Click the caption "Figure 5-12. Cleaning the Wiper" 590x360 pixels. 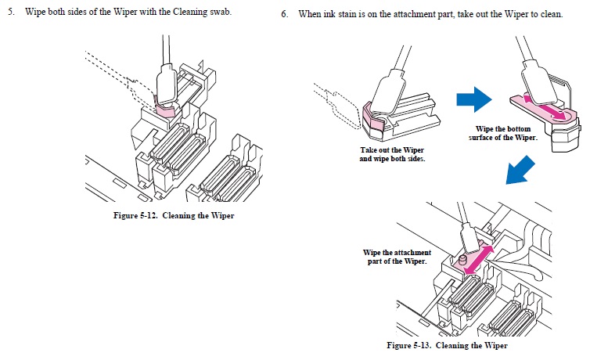click(x=174, y=216)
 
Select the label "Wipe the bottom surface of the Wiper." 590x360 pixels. click(x=506, y=132)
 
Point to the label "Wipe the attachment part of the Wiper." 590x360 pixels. click(x=397, y=257)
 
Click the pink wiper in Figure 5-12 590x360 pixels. click(x=165, y=109)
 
